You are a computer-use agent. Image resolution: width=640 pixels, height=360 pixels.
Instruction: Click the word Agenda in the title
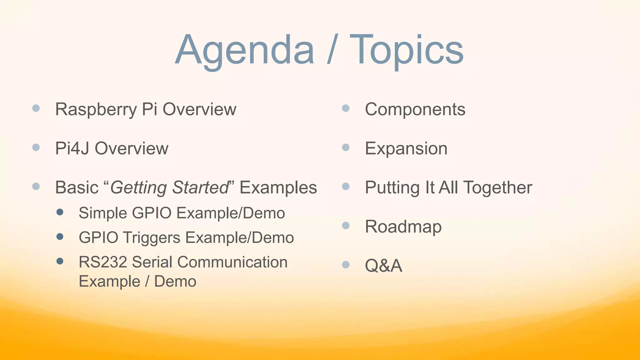click(x=245, y=50)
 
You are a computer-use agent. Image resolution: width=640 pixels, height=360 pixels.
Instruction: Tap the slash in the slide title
click(x=332, y=50)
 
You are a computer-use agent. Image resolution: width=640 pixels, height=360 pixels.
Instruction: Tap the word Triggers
click(x=151, y=237)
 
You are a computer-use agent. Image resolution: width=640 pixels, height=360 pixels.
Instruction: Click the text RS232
click(x=102, y=262)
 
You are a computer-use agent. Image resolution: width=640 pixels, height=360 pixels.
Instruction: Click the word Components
click(x=415, y=109)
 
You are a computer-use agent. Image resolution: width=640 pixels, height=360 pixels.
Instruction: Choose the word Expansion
click(x=406, y=149)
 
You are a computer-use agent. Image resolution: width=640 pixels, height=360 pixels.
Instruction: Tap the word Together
click(x=497, y=188)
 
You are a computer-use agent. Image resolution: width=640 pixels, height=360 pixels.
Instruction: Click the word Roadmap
click(x=403, y=227)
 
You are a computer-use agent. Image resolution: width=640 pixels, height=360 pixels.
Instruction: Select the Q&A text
click(x=383, y=266)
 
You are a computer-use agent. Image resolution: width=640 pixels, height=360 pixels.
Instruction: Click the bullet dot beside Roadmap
click(x=346, y=226)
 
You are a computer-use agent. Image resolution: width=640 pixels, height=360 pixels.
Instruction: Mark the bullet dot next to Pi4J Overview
click(x=36, y=147)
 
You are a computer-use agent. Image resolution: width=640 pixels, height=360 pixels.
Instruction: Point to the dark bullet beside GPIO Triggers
click(x=60, y=237)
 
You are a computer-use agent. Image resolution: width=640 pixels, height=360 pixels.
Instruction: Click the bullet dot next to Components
click(x=346, y=108)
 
